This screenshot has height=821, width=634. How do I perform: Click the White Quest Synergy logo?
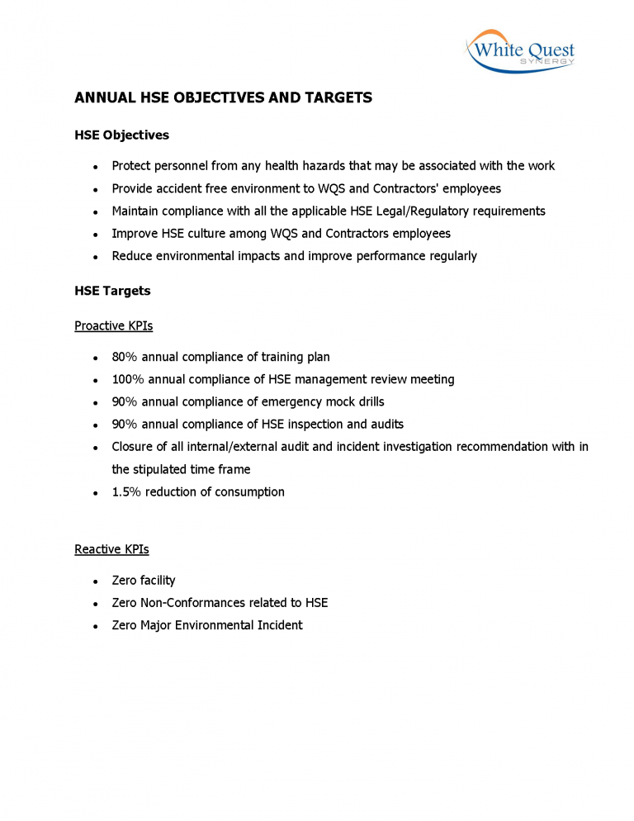(520, 51)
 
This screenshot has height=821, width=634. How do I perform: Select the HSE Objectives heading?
(121, 135)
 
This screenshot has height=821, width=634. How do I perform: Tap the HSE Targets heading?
(112, 291)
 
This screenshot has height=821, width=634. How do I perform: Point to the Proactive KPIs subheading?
(113, 325)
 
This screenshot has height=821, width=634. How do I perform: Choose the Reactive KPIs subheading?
(111, 549)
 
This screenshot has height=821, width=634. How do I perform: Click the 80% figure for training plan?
(125, 357)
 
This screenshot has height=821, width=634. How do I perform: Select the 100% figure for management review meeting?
(128, 379)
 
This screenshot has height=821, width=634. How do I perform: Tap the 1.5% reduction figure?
(126, 491)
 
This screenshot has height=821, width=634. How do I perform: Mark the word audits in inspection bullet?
(386, 424)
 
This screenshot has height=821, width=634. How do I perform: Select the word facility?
(157, 581)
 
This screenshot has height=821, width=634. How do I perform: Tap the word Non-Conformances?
(187, 603)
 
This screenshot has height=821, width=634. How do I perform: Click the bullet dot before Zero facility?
(97, 581)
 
